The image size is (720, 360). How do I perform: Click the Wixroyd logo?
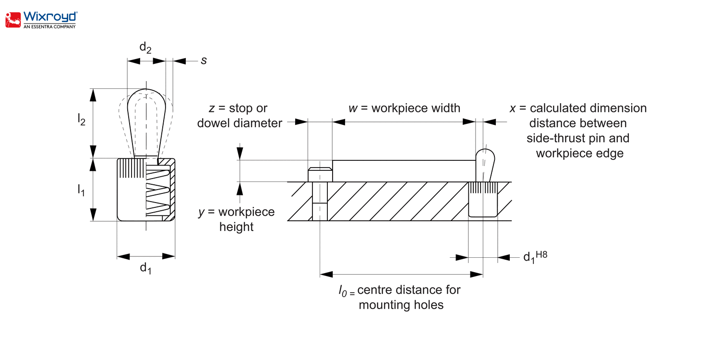[41, 20]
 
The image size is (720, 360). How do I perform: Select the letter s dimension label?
[204, 60]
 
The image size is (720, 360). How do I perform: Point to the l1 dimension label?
[82, 191]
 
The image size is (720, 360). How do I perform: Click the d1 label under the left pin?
[145, 268]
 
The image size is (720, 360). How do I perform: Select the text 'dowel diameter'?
[240, 123]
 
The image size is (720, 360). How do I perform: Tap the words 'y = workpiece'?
[236, 212]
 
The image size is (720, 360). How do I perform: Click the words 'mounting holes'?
[401, 305]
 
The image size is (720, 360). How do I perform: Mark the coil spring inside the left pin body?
[157, 192]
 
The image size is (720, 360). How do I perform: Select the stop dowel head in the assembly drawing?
[320, 174]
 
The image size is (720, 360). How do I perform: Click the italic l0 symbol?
[342, 291]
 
